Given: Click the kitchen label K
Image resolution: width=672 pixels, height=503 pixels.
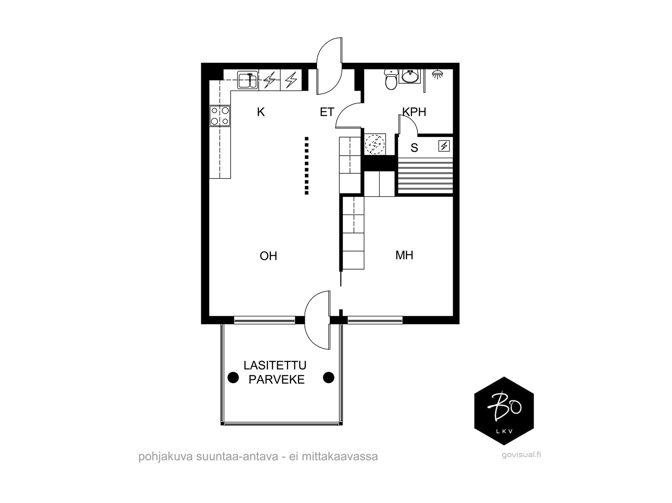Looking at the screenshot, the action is pos(260,112).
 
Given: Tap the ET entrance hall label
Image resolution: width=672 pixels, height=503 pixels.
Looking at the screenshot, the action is pos(327,112).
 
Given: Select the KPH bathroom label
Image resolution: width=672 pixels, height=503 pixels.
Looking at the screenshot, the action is pos(414,112).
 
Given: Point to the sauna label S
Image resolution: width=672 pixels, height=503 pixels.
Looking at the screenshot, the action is pos(414,148).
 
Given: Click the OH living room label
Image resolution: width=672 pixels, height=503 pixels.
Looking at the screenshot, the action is pos(268,256).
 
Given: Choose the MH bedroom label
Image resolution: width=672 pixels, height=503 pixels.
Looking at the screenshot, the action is pos(404,255).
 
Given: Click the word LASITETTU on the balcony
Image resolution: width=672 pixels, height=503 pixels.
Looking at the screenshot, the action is pos(275,365).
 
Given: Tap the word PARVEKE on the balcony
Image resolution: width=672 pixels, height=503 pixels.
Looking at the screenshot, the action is pos(276,380).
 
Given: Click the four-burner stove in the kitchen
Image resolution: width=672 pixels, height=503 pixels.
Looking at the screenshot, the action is pos(220,116).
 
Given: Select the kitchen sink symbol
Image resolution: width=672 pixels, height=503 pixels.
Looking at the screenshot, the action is pos(248,80).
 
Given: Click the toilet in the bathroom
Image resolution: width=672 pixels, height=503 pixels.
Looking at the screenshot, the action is pos(391,79).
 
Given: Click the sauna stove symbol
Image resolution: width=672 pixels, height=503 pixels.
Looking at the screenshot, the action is pos(444,146).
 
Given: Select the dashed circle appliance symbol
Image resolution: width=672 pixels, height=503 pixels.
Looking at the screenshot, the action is pos(375,144).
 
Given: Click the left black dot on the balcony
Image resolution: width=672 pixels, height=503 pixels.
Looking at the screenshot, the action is pos(233,377).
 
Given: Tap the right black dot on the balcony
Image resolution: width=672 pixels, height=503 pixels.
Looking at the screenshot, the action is pos(328,378).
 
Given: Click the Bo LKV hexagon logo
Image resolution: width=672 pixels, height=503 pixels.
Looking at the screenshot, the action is pos(504,411).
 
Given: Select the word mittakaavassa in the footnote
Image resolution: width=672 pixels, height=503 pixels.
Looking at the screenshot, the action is pos(339,457).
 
